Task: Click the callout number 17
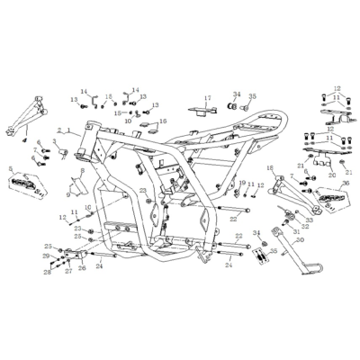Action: point(206,98)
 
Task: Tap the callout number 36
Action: point(345,184)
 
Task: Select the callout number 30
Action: point(300,240)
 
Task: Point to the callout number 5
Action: point(8,167)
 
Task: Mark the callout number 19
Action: point(241,183)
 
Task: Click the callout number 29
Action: point(47,256)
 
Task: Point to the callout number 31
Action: point(296,230)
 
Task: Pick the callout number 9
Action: point(67,193)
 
